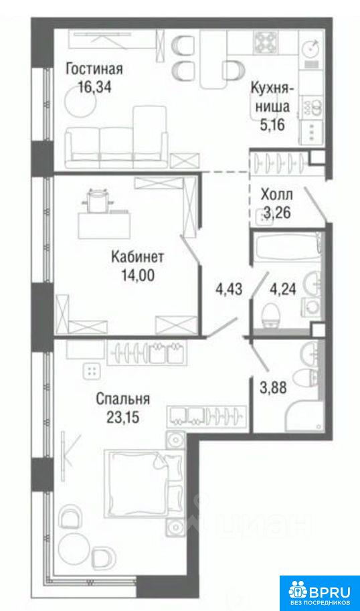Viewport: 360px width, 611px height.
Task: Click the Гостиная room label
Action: [94, 70]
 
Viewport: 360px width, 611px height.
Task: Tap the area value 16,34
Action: [94, 87]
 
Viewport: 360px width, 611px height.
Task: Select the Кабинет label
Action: [138, 258]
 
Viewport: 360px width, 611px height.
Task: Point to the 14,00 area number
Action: [138, 276]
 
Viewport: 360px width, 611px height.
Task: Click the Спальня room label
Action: [122, 400]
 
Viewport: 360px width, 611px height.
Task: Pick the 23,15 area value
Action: [122, 418]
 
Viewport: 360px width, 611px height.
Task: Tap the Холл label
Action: [277, 195]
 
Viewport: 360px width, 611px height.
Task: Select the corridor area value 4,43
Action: [230, 290]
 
